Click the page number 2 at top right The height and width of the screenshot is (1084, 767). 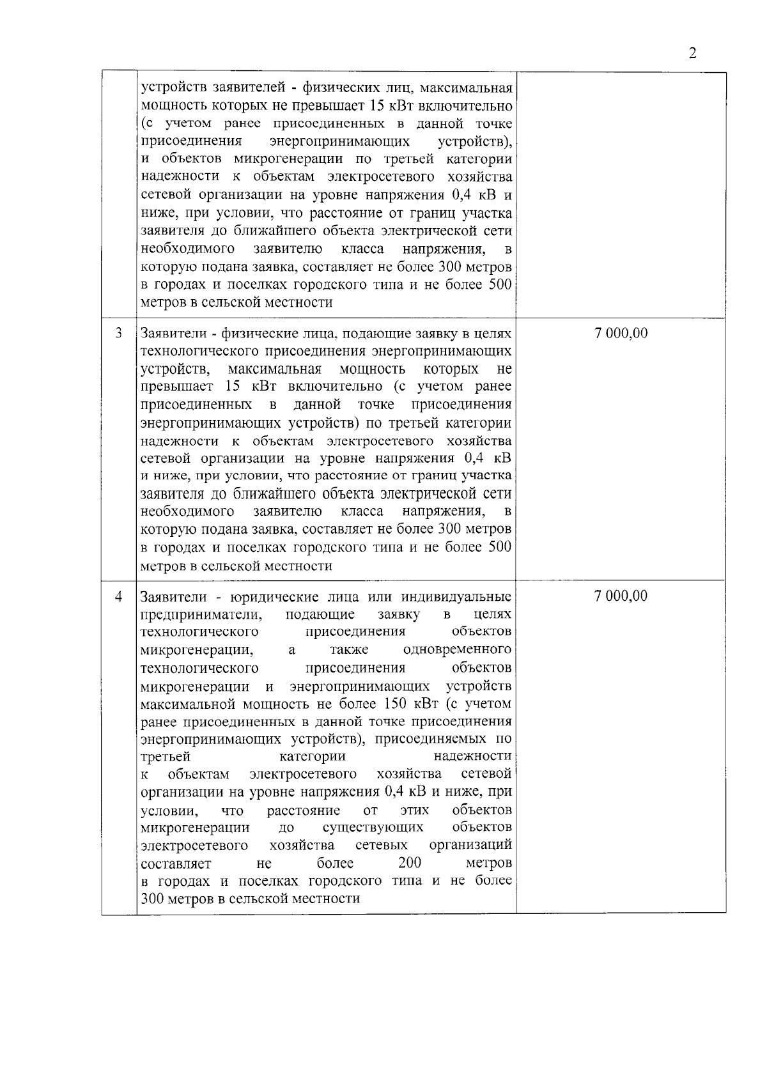point(693,53)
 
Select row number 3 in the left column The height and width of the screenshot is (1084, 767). point(118,333)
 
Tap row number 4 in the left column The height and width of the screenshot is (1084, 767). point(118,596)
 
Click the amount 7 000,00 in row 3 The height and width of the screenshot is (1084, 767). point(621,333)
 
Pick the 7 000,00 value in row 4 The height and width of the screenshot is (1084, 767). point(621,596)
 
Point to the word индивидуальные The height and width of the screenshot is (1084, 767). point(456,597)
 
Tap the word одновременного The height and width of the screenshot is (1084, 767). point(458,650)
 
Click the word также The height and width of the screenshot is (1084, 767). point(349,650)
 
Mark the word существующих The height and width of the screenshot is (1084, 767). point(373,828)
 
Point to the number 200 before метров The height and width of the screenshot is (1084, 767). point(409,863)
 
